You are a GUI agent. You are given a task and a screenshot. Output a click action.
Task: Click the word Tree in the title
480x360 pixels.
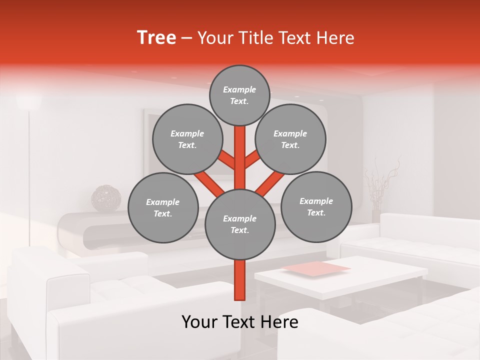pos(156,38)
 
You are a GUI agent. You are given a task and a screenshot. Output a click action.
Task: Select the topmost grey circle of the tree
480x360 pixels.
pos(239,95)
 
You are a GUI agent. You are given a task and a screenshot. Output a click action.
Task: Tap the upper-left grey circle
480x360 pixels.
pos(187,139)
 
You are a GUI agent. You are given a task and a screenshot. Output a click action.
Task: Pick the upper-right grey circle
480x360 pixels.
pos(290,139)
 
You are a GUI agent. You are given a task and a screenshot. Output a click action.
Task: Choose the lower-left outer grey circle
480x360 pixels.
pos(163,207)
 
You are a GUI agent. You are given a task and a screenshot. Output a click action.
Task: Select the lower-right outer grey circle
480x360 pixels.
pos(316,206)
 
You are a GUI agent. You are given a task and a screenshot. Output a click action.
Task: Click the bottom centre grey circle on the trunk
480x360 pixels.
pos(240,224)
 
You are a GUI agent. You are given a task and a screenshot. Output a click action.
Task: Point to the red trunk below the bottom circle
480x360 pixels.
pos(240,280)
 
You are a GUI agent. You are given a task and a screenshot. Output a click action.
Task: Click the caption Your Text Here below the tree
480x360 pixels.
pos(240,322)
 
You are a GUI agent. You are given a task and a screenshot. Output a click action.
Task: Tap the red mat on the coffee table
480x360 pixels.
pos(316,269)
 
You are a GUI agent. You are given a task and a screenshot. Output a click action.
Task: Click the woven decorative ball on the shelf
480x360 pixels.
pos(106,198)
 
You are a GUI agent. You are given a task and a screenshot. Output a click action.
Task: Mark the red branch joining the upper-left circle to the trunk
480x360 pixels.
pos(226,159)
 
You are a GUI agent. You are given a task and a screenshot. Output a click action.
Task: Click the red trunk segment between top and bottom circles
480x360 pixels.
pos(240,160)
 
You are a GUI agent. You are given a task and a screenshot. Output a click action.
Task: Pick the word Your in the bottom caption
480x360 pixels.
pos(200,322)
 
